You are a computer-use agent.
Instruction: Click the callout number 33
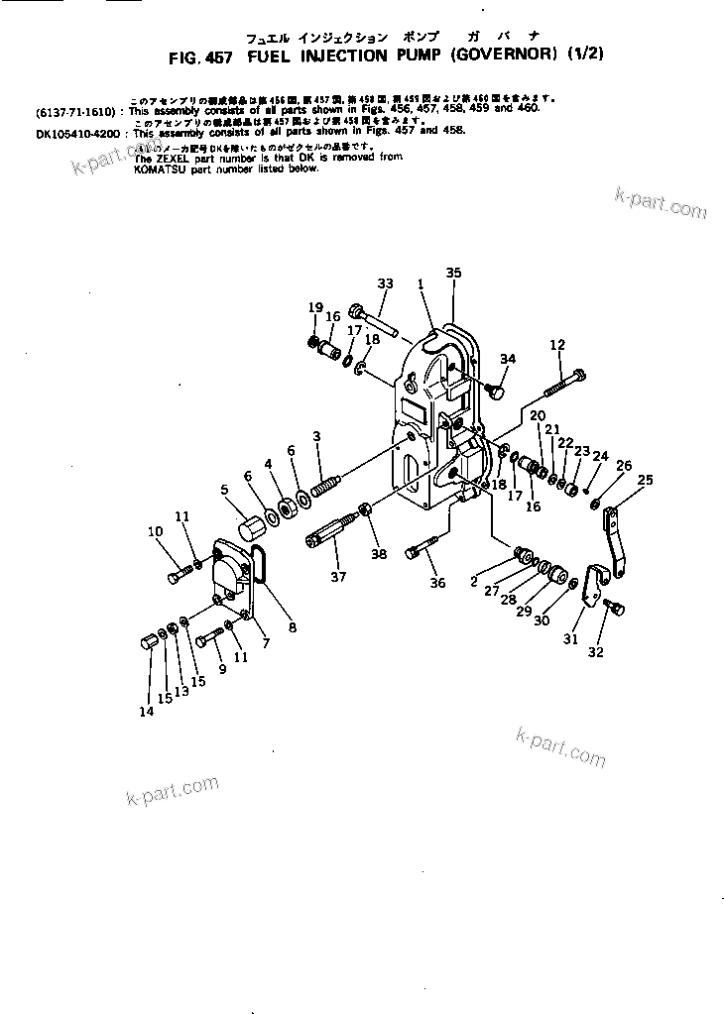pos(386,283)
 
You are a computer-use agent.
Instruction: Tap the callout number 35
pos(453,272)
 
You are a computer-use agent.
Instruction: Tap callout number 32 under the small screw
pos(622,652)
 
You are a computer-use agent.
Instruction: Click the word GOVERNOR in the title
pos(503,57)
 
